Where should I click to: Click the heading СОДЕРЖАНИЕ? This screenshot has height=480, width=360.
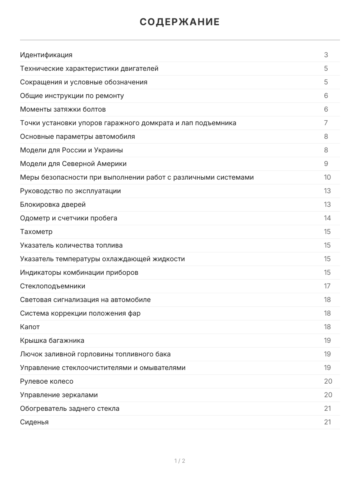[180, 22]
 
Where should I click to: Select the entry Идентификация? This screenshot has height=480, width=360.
[46, 55]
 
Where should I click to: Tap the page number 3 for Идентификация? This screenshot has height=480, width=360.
[326, 55]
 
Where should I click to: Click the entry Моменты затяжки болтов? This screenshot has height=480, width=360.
[63, 109]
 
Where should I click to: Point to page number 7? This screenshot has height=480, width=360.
[326, 123]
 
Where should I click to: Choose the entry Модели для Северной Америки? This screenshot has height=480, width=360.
[73, 164]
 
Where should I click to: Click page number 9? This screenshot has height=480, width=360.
[326, 164]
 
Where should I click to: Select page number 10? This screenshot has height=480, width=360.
[327, 177]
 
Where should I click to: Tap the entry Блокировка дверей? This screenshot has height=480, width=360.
[53, 204]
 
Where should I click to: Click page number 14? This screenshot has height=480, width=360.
[327, 218]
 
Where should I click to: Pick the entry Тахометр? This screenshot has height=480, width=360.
[36, 232]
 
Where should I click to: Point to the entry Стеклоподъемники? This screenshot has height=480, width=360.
[52, 286]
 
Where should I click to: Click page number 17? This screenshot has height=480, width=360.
[327, 286]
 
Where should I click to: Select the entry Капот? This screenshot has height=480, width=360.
[30, 327]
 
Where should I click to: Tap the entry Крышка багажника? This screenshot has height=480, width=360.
[52, 340]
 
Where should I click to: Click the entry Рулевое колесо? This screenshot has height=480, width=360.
[46, 381]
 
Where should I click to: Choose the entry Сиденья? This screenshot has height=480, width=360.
[34, 422]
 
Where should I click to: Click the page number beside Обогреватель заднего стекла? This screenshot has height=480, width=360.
[327, 408]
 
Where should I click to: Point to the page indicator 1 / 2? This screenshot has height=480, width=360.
[180, 461]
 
